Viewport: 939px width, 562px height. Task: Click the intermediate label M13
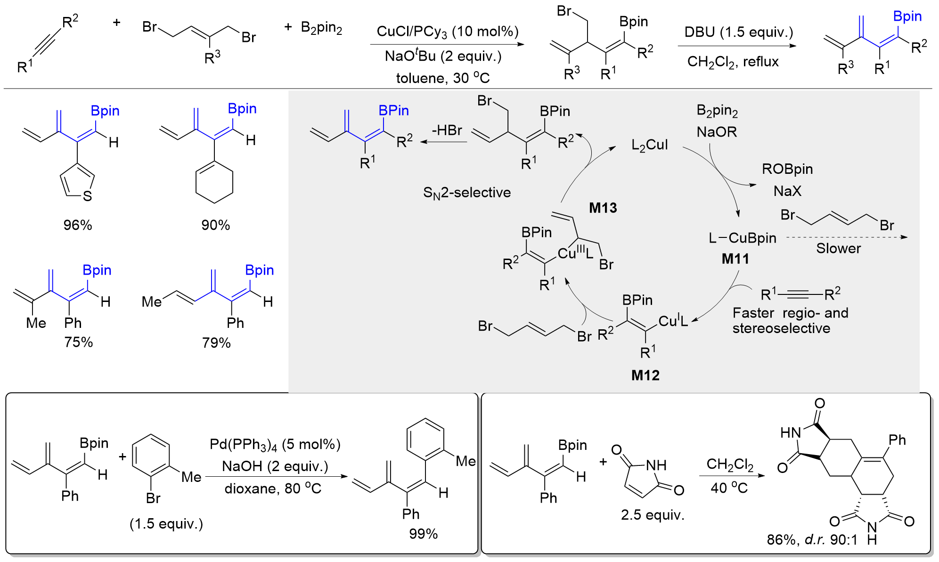(603, 208)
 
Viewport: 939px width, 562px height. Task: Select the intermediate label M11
(735, 259)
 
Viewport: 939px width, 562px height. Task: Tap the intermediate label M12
(645, 375)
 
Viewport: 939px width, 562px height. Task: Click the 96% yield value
(78, 225)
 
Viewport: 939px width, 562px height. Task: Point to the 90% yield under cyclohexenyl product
(215, 225)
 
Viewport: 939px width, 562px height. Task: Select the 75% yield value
(79, 342)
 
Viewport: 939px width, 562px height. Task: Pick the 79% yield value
(216, 342)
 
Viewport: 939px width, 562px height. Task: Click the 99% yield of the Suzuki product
(423, 534)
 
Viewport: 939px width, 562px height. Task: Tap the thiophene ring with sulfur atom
(78, 184)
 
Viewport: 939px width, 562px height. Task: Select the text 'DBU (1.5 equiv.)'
(738, 33)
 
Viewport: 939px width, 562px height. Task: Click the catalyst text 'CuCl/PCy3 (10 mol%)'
(447, 32)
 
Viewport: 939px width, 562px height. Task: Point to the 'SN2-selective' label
(466, 193)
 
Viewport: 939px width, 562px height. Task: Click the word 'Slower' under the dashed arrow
(838, 249)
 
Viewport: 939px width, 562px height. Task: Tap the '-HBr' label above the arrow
(447, 130)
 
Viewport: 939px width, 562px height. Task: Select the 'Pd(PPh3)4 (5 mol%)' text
(275, 444)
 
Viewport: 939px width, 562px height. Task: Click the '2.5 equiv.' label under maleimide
(652, 515)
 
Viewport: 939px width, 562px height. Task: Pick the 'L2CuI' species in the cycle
(649, 145)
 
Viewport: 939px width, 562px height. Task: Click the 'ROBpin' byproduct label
(787, 169)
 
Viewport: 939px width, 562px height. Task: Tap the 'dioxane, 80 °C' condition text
(273, 489)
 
